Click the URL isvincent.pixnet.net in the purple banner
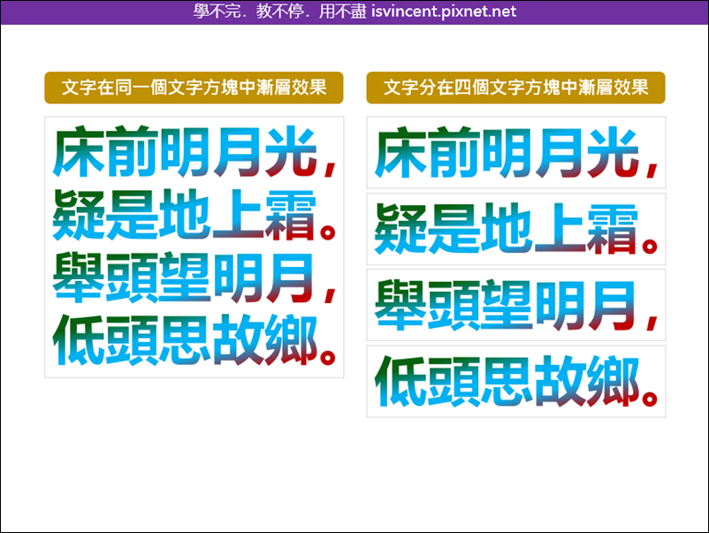[x=444, y=11]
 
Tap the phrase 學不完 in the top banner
[x=217, y=11]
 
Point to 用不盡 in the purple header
[x=342, y=11]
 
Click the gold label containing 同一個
[x=194, y=88]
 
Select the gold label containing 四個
[x=515, y=88]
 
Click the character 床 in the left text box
[x=80, y=151]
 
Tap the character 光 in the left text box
[x=290, y=151]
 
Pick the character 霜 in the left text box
[x=290, y=214]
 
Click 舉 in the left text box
[x=79, y=278]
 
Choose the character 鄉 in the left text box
[x=291, y=340]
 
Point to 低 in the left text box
[x=80, y=340]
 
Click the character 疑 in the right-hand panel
[x=400, y=228]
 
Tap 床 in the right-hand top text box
[x=401, y=152]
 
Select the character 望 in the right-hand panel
[x=507, y=304]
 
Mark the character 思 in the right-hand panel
[x=507, y=381]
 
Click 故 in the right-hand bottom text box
[x=560, y=381]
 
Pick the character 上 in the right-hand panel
[x=560, y=228]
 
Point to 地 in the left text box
[x=185, y=214]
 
